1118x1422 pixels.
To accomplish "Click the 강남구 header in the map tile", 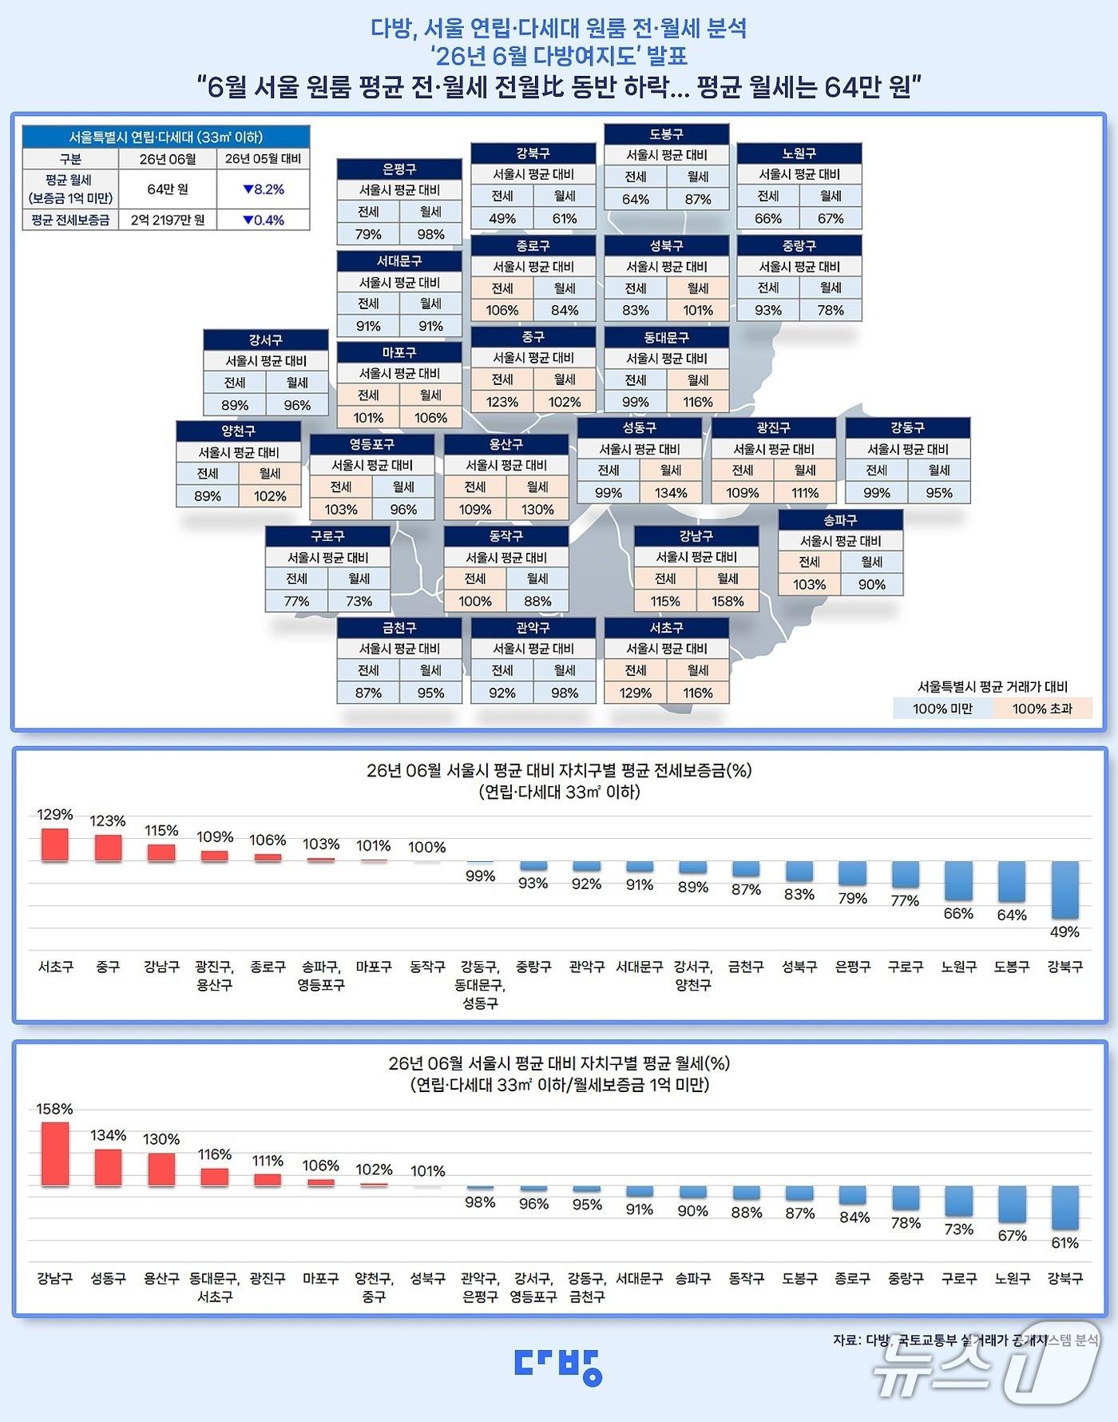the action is [x=696, y=536].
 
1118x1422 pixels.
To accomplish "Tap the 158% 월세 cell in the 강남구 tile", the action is [x=727, y=601].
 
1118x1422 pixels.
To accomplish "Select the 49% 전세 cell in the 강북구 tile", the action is [x=502, y=218].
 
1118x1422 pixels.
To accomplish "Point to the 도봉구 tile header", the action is [x=666, y=134].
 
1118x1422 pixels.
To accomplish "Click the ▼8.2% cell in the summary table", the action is [x=264, y=189].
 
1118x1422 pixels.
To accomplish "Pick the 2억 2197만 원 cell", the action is [x=168, y=220].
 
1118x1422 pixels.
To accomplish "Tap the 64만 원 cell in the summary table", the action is [x=168, y=189].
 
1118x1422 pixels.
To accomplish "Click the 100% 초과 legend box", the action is [x=1042, y=709].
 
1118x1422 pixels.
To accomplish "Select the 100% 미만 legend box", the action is [x=943, y=709].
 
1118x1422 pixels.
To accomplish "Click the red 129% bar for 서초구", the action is [x=55, y=844].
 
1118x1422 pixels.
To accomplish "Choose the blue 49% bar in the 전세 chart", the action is [x=1065, y=890].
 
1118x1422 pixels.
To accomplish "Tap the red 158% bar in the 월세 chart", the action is [x=55, y=1154].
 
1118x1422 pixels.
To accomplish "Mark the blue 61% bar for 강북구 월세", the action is [x=1065, y=1207].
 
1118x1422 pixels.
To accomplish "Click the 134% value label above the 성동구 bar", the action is [x=109, y=1135].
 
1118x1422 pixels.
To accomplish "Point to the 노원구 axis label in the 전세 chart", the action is [x=959, y=967].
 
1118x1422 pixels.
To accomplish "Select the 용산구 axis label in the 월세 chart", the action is [x=161, y=1278].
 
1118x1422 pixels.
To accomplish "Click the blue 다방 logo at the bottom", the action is [x=558, y=1366].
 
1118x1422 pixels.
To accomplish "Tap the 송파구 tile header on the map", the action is [x=840, y=519].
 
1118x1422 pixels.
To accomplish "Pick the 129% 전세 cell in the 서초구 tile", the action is [x=636, y=693].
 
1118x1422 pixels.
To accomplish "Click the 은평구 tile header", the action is [x=399, y=169].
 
